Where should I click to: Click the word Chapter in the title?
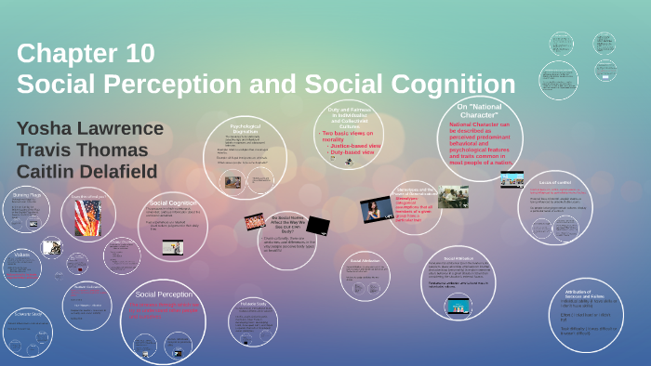click(64, 53)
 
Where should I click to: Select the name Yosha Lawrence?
click(89, 128)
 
